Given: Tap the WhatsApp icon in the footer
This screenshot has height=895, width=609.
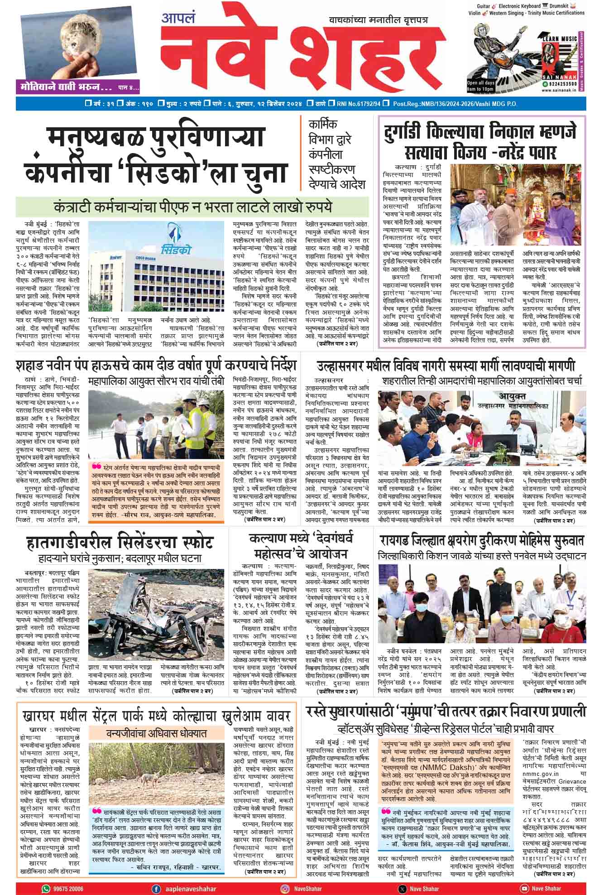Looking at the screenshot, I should tap(46, 888).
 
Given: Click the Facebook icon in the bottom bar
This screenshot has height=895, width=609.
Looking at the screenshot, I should tap(156, 888).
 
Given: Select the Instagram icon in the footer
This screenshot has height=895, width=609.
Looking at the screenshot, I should tap(284, 888).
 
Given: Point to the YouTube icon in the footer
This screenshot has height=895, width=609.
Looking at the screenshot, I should tap(524, 888).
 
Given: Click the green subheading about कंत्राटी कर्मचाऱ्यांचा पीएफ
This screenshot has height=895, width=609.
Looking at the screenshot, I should tap(192, 207).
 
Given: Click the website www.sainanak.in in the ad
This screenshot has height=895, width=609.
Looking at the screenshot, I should tap(558, 90).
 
